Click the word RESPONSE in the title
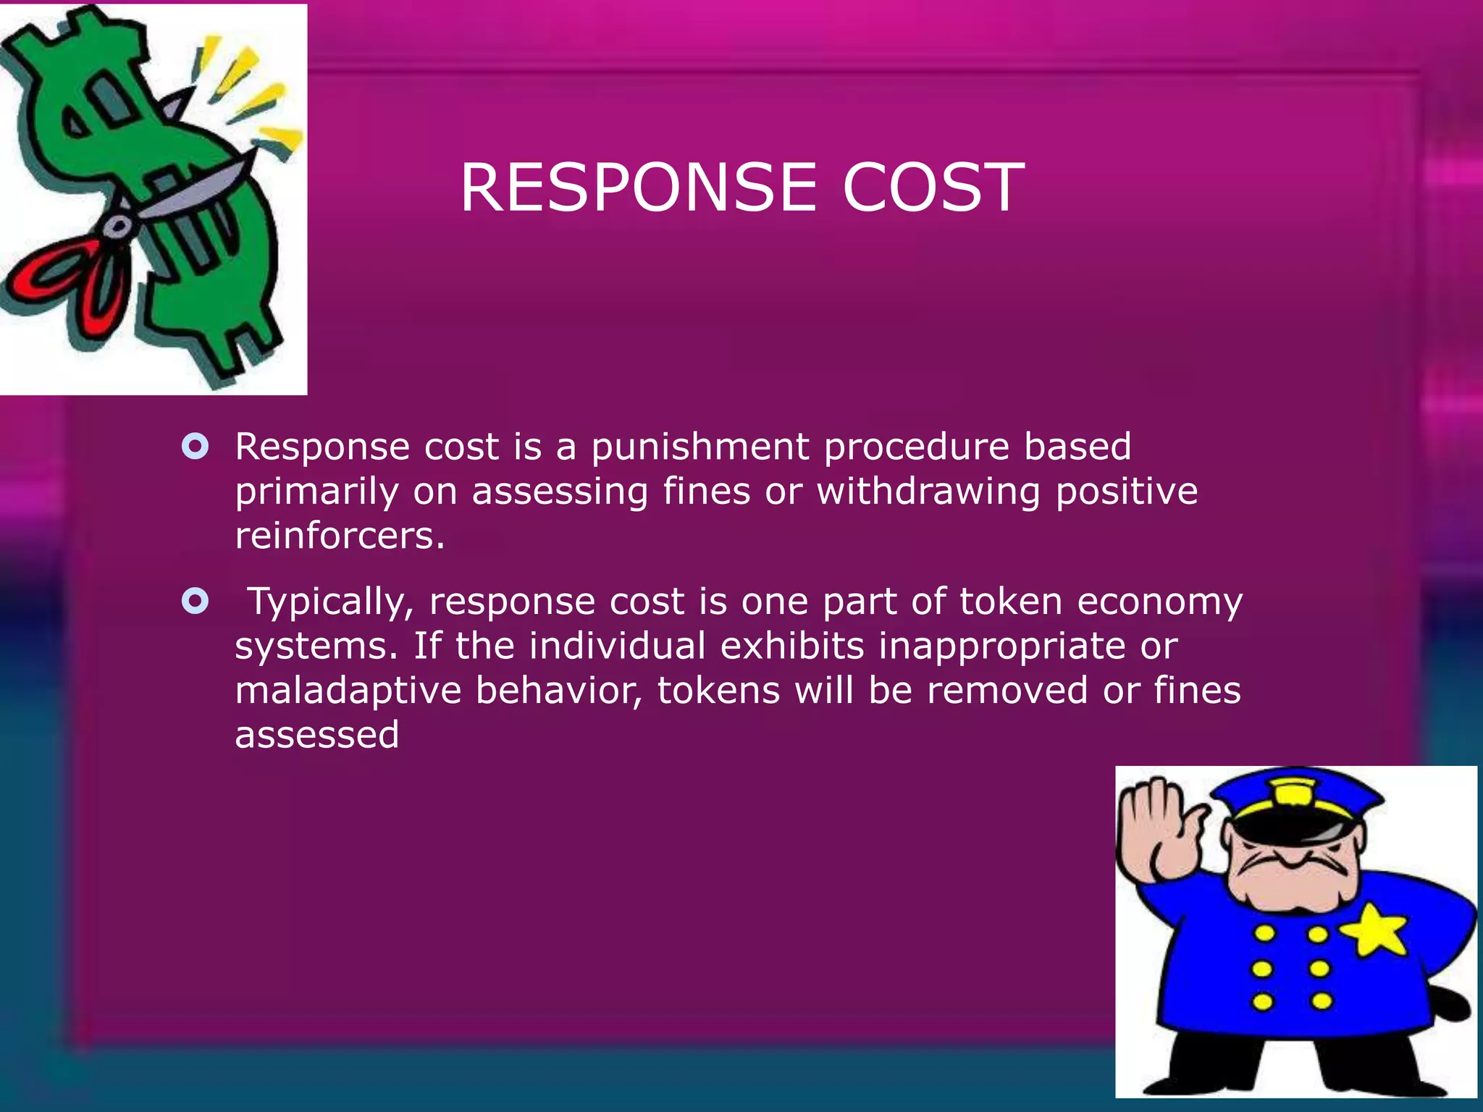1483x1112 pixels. (x=638, y=188)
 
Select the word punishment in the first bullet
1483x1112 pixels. (x=700, y=447)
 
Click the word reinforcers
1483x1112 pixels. (x=339, y=536)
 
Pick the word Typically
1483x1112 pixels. (x=330, y=603)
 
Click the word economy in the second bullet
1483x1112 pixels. (x=1159, y=603)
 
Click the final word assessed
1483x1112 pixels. (x=316, y=735)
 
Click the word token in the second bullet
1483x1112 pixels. (x=1010, y=602)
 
